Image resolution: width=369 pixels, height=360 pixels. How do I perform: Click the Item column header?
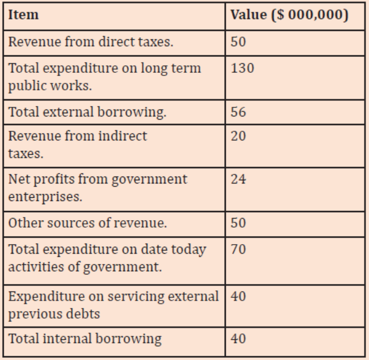(23, 15)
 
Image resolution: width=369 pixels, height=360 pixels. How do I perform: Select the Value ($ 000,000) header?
(289, 15)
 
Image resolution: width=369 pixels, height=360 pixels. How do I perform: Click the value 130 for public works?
(242, 68)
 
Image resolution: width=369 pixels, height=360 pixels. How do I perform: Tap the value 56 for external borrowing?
(239, 112)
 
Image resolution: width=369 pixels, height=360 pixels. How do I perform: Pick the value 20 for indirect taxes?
(239, 136)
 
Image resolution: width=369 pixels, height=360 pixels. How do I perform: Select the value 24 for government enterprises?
(239, 179)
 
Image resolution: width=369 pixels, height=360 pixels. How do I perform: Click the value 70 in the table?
(239, 249)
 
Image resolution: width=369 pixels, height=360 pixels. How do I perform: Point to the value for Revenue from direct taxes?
(239, 42)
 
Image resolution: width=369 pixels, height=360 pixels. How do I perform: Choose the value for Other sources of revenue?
(239, 223)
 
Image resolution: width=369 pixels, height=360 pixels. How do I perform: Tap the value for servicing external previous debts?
(239, 296)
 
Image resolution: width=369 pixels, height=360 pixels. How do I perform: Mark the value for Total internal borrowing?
(239, 339)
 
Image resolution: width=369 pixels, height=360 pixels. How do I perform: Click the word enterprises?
(45, 197)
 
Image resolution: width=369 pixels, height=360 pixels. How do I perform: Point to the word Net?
(19, 179)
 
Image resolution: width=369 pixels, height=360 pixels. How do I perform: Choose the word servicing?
(136, 297)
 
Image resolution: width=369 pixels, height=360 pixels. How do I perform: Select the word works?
(71, 86)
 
